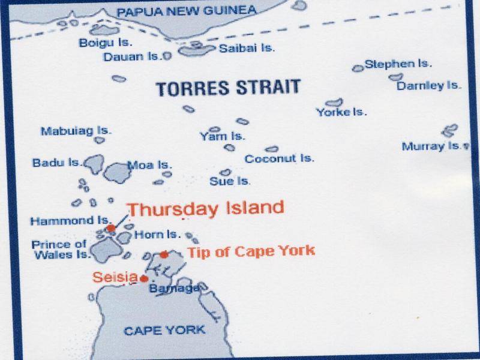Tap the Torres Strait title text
(x=227, y=88)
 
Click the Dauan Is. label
(x=133, y=57)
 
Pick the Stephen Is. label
(x=398, y=64)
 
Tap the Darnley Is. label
(x=429, y=85)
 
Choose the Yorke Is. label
(x=341, y=112)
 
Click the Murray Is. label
(x=431, y=146)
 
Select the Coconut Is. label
(x=280, y=159)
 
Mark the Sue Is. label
(x=230, y=181)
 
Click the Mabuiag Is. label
(x=71, y=130)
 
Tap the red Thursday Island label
(x=206, y=209)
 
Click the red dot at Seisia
(x=144, y=278)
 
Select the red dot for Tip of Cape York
(x=164, y=254)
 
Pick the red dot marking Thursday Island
(x=111, y=229)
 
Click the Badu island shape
(x=95, y=163)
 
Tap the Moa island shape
(x=117, y=172)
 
